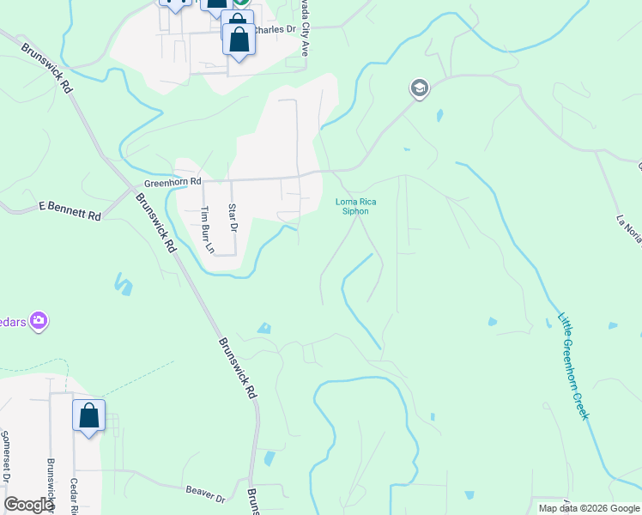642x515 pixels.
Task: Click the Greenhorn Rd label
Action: tap(172, 182)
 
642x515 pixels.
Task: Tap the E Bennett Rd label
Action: tap(70, 211)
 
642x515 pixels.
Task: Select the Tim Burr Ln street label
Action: tap(205, 231)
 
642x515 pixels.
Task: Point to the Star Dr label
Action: tap(232, 217)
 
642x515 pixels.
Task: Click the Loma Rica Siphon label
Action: tap(355, 206)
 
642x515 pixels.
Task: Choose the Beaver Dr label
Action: tap(204, 494)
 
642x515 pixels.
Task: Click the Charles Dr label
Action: tap(276, 28)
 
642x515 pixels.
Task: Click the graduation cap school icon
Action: tap(419, 88)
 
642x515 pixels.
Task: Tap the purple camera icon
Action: tap(38, 321)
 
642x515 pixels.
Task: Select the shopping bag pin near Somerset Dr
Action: tap(88, 417)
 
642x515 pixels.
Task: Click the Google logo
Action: tap(29, 505)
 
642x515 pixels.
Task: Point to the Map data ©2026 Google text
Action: tap(589, 508)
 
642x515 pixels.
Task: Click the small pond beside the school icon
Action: tap(439, 114)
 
